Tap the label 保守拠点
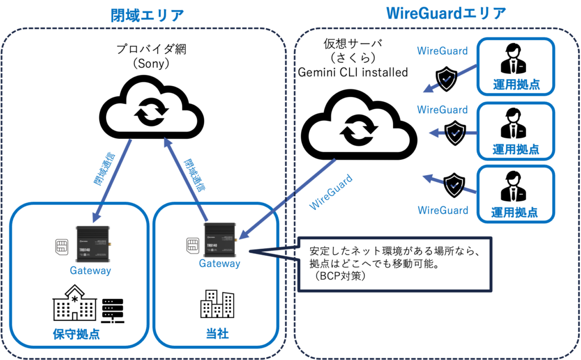tap(76, 334)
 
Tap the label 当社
tap(217, 334)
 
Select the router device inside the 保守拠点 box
tap(92, 243)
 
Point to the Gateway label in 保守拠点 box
tap(91, 271)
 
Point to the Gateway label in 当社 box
tap(220, 264)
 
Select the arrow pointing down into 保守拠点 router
tap(112, 180)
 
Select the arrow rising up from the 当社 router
tap(185, 179)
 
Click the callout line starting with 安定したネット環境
tap(394, 250)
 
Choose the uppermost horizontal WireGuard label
tap(443, 51)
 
